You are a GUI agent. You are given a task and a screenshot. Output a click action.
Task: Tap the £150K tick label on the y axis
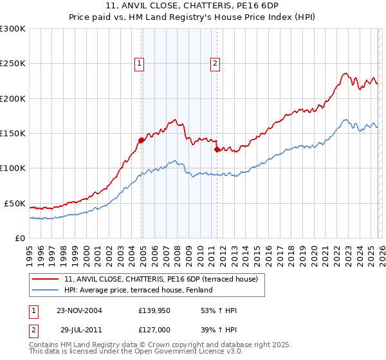[13, 133]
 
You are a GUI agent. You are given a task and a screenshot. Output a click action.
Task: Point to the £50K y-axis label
[15, 203]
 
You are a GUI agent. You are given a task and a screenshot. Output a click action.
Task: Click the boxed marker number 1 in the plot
[140, 63]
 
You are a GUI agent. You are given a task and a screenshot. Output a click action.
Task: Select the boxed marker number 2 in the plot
[215, 63]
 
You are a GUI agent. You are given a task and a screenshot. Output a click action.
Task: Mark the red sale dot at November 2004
[142, 139]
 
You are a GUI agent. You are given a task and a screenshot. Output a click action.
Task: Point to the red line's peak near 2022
[345, 73]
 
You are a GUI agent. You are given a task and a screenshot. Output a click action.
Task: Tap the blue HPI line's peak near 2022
[345, 120]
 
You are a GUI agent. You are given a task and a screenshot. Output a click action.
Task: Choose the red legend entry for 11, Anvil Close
[161, 279]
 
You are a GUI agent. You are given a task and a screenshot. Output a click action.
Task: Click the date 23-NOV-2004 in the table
[79, 310]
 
